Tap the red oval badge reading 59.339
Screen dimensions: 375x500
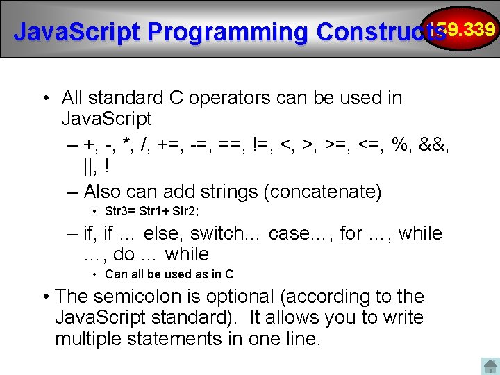[470, 29]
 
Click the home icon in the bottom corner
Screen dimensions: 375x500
[490, 366]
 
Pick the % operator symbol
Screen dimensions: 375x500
[400, 144]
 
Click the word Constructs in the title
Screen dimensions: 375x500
[379, 32]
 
